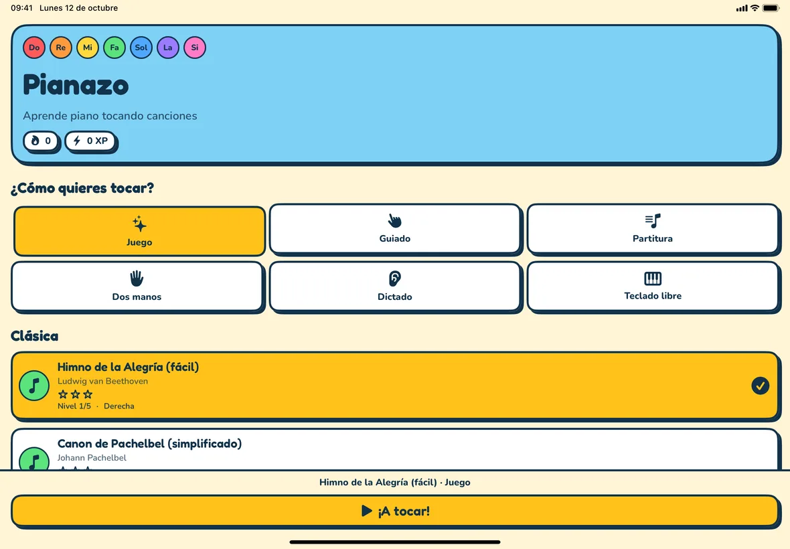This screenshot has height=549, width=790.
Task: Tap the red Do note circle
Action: point(34,48)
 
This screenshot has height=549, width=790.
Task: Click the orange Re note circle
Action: point(61,48)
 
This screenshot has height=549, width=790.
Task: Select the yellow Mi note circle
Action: point(88,48)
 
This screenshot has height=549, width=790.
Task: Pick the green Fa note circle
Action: point(114,48)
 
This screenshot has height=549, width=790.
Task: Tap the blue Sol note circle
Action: point(141,48)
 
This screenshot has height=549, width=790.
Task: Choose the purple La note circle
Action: point(168,48)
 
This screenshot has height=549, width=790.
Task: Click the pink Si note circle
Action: point(194,48)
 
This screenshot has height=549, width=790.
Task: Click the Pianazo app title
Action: point(76,84)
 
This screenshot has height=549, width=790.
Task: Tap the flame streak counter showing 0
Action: point(41,141)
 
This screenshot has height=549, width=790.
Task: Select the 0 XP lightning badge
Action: point(90,141)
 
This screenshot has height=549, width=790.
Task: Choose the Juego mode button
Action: point(139,231)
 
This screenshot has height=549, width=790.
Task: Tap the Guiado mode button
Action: point(395,229)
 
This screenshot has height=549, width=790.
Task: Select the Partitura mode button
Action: point(653,229)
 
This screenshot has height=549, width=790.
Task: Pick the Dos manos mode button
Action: point(137,287)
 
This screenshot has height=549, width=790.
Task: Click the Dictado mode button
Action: point(395,287)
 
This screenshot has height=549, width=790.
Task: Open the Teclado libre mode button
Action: point(653,287)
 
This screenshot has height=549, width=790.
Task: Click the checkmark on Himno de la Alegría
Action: point(761,386)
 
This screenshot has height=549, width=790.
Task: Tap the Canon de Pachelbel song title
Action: point(150,444)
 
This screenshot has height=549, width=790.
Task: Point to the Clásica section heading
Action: point(35,336)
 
